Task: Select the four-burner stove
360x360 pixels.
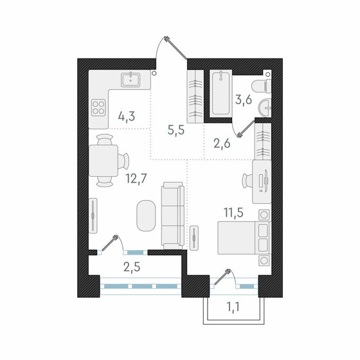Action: (99, 107)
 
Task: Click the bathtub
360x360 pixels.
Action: (220, 95)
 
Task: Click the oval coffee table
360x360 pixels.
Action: (146, 215)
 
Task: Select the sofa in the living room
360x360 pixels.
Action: (172, 215)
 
